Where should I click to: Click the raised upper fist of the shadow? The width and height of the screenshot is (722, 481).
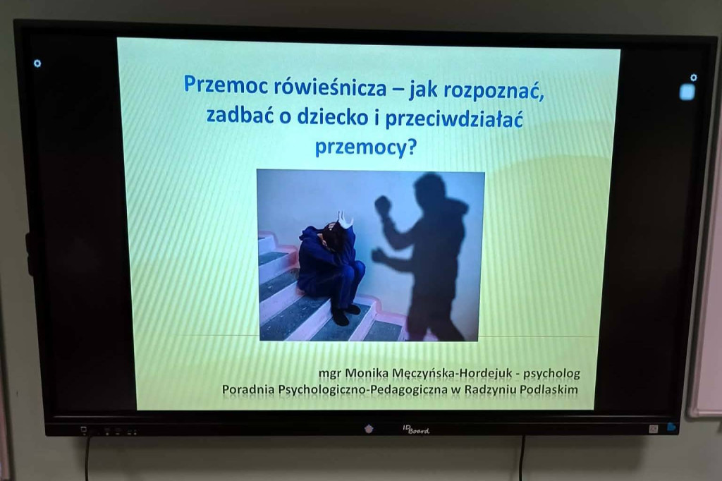(383, 205)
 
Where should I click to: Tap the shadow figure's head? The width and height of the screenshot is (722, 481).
(429, 188)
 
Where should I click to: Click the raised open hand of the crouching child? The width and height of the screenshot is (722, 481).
(344, 219)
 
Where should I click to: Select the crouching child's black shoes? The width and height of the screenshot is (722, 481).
(345, 312)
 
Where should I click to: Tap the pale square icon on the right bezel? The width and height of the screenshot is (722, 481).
(687, 92)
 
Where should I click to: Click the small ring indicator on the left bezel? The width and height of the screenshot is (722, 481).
(37, 63)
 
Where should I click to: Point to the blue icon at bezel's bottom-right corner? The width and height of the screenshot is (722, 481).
(671, 427)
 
